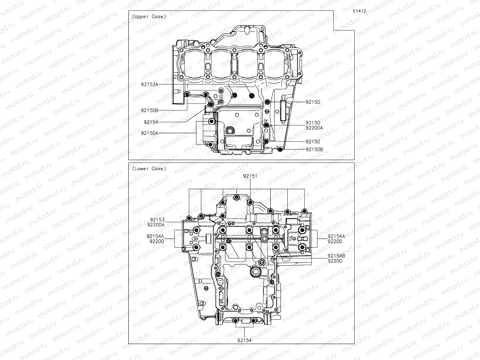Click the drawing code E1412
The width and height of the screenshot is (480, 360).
coord(359,11)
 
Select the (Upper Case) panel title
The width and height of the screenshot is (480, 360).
coord(149,17)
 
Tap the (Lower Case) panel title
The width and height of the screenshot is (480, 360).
coord(149,169)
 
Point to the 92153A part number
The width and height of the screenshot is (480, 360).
coord(150,84)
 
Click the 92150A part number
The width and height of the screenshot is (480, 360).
coord(150,133)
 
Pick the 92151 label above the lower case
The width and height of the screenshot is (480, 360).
coord(250,176)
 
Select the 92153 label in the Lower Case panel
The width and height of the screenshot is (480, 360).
coord(157,220)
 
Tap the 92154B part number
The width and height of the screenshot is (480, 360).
coord(336,256)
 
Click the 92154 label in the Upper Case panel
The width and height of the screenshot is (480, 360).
coord(151,122)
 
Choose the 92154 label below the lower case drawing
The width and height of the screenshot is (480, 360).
coord(244,340)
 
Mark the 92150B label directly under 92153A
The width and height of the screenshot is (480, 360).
coord(150,110)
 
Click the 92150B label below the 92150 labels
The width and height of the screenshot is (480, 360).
coord(314,149)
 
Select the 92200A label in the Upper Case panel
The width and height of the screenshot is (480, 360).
coord(314,128)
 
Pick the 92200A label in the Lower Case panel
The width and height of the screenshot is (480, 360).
coord(156,225)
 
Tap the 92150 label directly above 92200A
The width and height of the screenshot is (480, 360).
coord(313,123)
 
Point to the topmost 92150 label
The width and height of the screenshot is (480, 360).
coord(313,102)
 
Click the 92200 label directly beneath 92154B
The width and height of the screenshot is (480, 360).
coord(335,261)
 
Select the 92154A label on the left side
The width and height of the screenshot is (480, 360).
coord(155,236)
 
